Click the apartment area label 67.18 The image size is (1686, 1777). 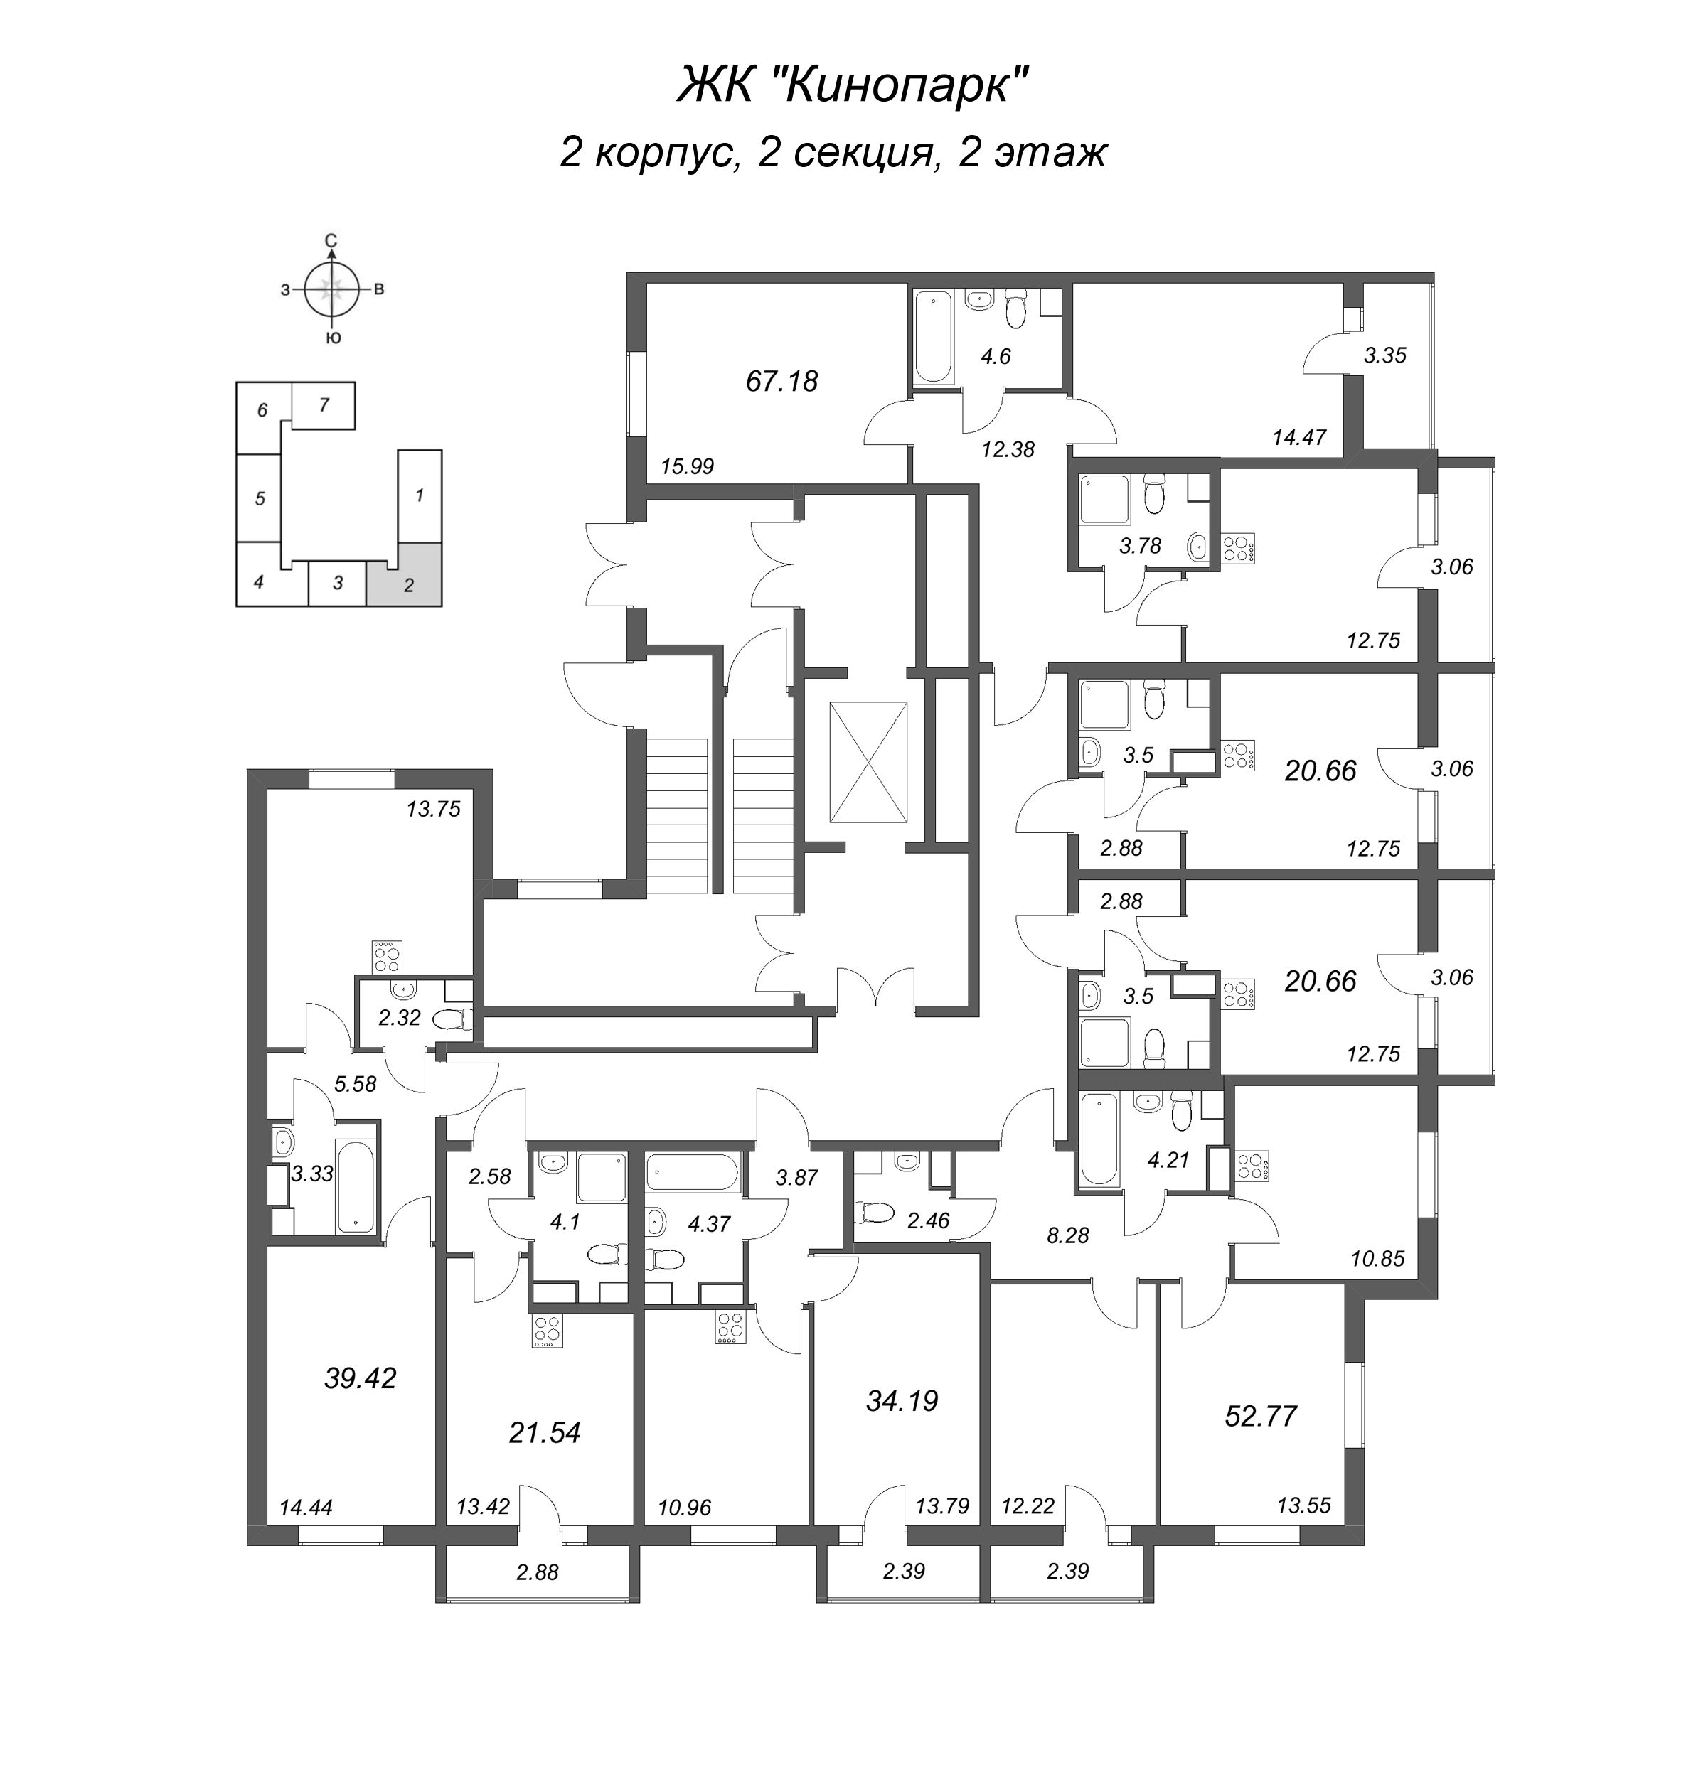tap(782, 382)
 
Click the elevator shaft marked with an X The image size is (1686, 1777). tap(868, 763)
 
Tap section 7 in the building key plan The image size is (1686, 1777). tap(324, 405)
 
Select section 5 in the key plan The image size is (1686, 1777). tap(260, 498)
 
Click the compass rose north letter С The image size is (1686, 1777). tap(331, 240)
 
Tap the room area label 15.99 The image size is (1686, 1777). tap(687, 466)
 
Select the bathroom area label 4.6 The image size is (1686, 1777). tap(996, 357)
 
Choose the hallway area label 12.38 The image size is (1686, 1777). tap(1008, 449)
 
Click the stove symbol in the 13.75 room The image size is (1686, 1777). tap(388, 956)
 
